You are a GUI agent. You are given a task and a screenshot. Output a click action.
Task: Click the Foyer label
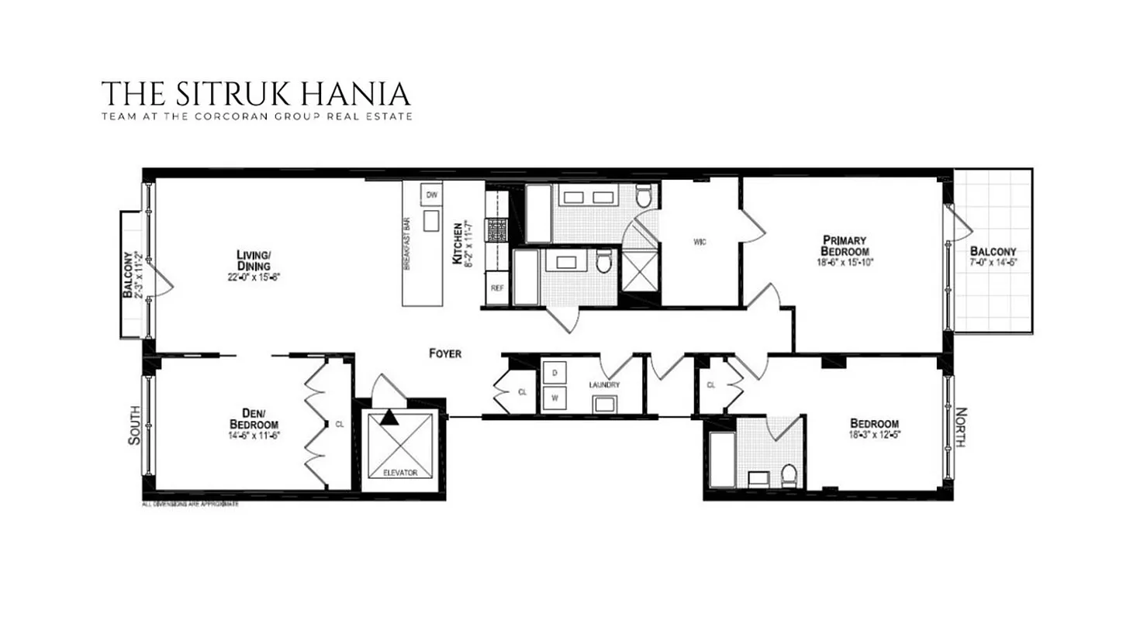(x=445, y=353)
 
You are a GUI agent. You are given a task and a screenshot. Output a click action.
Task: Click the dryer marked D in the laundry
(x=555, y=373)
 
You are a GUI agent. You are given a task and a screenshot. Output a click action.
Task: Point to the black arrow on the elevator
(x=389, y=418)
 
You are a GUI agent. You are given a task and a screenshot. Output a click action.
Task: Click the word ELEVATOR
(x=400, y=472)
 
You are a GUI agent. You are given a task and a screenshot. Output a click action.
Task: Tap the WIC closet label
(x=700, y=242)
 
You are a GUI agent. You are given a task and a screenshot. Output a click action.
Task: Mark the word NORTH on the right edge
(x=960, y=427)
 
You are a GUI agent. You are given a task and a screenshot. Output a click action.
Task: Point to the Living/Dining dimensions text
(x=253, y=276)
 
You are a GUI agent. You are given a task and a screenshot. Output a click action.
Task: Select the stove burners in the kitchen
(x=496, y=229)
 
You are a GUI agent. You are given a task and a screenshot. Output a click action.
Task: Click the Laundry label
(x=605, y=384)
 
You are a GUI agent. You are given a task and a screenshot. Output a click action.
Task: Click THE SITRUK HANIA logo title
(x=256, y=94)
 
